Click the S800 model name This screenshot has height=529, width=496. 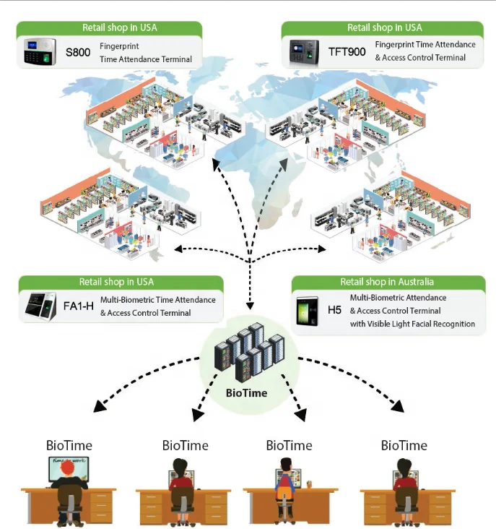(x=77, y=52)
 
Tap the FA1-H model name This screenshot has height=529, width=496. (x=78, y=306)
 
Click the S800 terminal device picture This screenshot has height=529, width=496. (x=40, y=52)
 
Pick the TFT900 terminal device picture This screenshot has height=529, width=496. (x=304, y=52)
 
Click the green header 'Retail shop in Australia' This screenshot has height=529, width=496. (x=387, y=282)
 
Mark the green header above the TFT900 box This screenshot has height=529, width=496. (x=384, y=28)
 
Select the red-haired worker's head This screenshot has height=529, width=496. (x=69, y=470)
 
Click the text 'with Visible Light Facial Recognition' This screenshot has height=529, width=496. (x=412, y=324)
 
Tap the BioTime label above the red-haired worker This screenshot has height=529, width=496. (x=69, y=445)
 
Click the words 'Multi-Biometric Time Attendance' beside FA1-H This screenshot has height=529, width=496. (x=157, y=300)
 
